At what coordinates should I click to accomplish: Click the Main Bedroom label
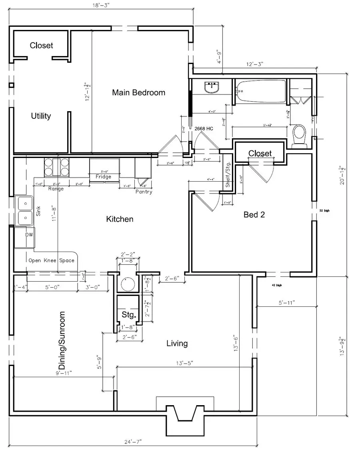138,92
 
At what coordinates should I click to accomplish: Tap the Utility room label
41,116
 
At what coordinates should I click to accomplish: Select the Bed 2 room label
254,214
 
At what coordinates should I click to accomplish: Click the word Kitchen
120,219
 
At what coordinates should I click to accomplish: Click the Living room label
177,343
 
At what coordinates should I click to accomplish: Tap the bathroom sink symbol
212,87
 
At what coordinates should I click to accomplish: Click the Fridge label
103,176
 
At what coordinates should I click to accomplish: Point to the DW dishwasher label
29,235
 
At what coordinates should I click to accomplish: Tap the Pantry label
144,192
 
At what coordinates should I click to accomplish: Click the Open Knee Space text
51,260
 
